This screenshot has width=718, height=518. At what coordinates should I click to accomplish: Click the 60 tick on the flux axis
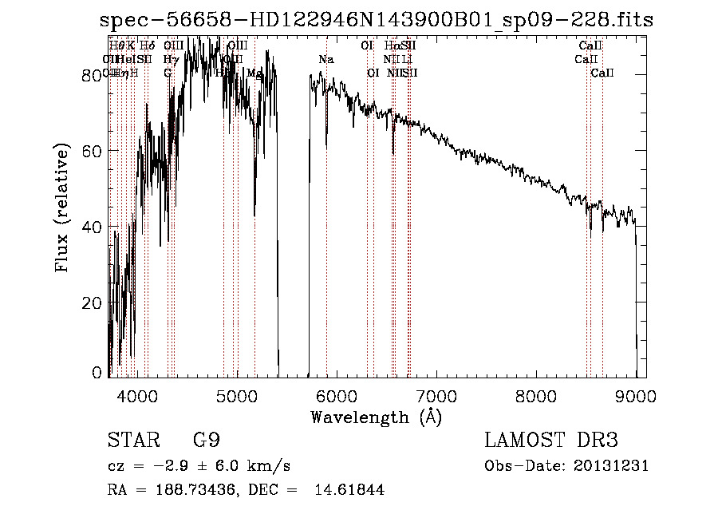[x=95, y=150]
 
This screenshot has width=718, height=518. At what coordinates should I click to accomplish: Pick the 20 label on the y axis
[x=95, y=303]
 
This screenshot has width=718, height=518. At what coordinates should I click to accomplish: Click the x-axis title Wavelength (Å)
[x=377, y=417]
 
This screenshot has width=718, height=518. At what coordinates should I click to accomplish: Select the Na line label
[x=326, y=60]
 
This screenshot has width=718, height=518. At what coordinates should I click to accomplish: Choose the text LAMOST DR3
[x=551, y=441]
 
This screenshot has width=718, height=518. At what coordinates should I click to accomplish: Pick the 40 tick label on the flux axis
[x=95, y=227]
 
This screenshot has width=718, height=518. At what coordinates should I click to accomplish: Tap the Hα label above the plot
[x=391, y=46]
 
